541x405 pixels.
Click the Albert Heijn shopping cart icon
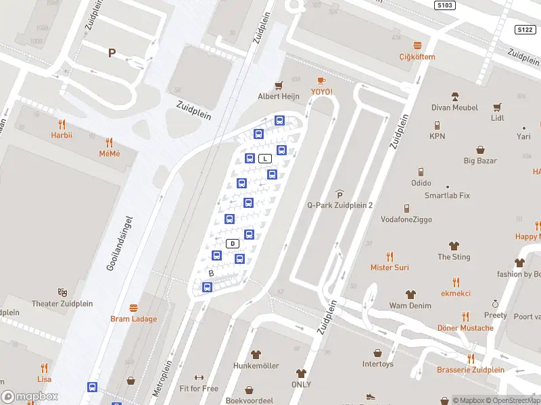coord(278,85)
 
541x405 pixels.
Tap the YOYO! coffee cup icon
coord(321,80)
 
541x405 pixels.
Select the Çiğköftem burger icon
coord(417,45)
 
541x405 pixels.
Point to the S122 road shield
coord(525,30)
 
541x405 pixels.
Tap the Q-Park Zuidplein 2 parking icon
coord(339,194)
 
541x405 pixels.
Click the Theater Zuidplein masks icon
coord(63,292)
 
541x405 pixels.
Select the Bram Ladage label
coord(134,319)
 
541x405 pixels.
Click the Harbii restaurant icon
coord(62,124)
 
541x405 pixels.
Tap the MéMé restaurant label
coord(110,154)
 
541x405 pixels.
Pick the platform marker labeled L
coord(266,159)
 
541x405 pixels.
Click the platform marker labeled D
coord(233,243)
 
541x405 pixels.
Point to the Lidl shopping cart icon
coord(497,107)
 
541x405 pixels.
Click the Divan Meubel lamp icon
coord(455,96)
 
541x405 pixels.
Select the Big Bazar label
coord(480,161)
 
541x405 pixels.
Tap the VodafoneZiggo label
coord(406,219)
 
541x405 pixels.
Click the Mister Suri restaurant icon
coord(390,256)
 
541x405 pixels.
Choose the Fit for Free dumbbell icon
coord(199,377)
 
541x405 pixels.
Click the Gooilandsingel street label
coord(120,244)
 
